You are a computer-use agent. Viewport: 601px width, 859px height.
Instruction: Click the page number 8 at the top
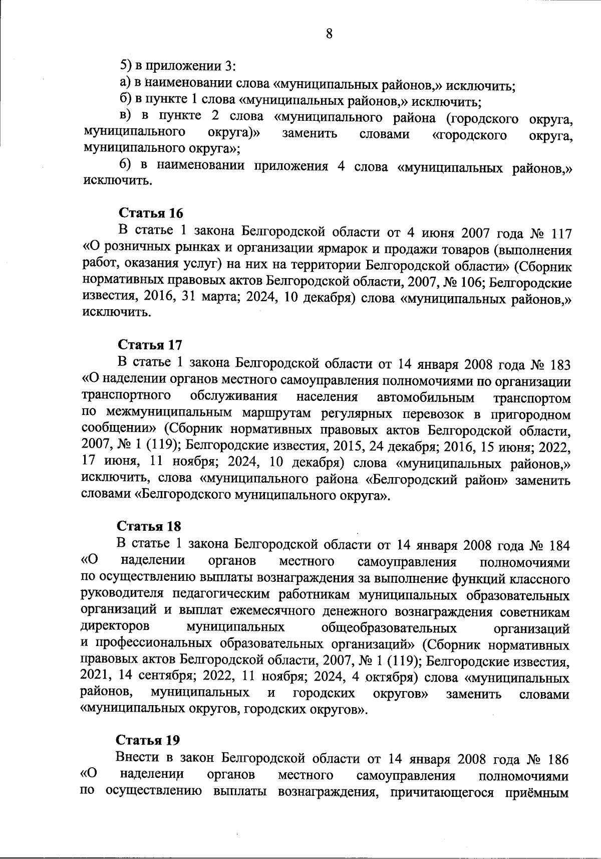click(329, 34)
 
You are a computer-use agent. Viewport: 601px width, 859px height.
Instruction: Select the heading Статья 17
click(150, 345)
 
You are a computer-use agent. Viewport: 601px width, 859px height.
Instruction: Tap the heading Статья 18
click(149, 526)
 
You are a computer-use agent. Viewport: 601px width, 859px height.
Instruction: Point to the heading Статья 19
click(148, 740)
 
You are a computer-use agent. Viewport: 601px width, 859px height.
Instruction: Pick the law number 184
click(559, 545)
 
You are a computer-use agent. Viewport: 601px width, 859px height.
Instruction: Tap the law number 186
click(558, 759)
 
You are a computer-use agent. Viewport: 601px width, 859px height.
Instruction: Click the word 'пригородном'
click(531, 415)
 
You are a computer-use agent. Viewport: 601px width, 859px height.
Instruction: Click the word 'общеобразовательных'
click(389, 628)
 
